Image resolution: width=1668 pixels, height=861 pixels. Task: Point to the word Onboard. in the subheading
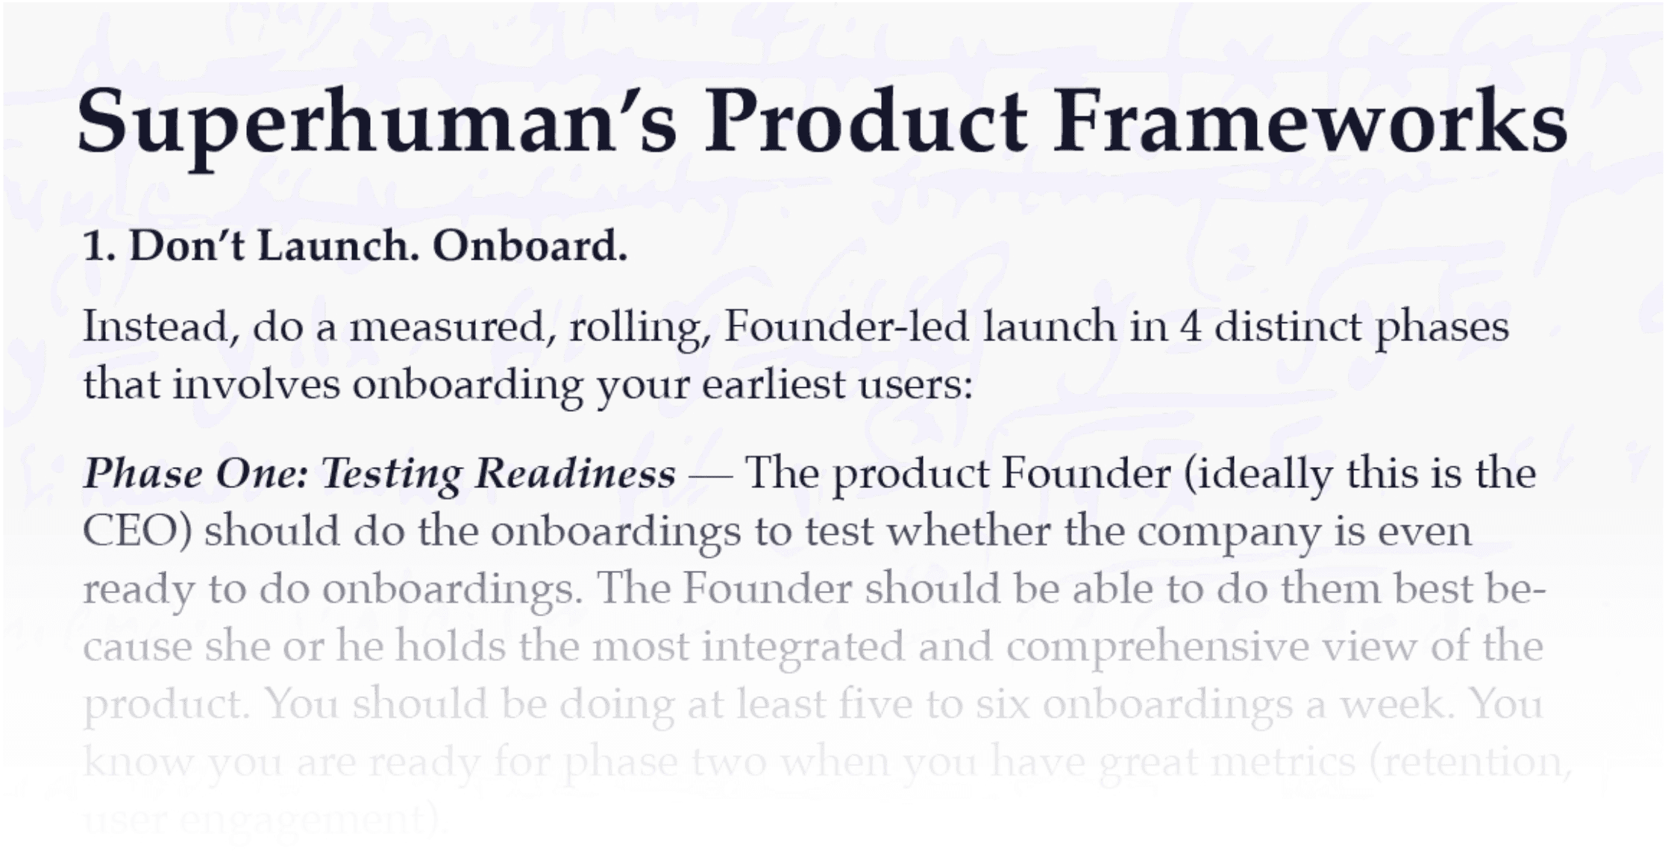point(530,247)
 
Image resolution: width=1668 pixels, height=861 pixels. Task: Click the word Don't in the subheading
point(186,247)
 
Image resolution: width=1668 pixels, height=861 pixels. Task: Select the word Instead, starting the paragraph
point(161,328)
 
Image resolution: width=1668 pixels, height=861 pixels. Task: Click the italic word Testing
point(391,475)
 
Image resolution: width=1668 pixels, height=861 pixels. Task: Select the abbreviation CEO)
point(137,532)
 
